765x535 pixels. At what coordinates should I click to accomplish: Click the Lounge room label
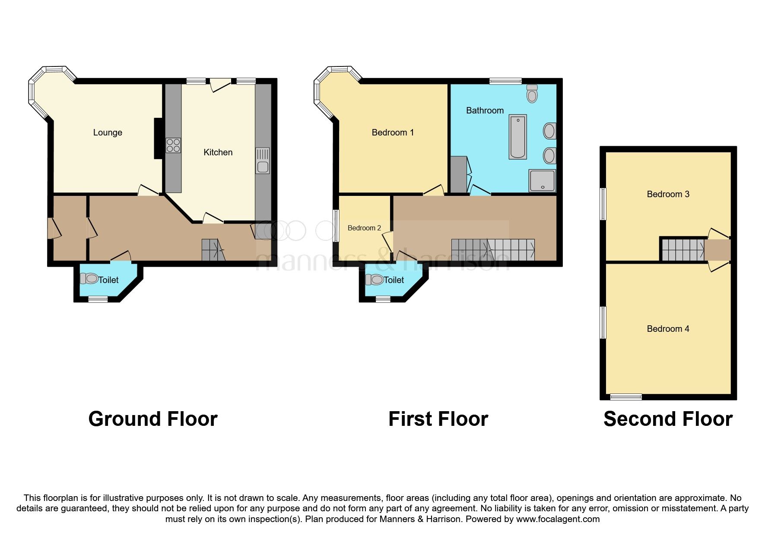[x=108, y=132]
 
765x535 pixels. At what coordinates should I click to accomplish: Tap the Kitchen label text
[x=218, y=152]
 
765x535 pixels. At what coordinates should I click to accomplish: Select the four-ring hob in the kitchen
[x=174, y=145]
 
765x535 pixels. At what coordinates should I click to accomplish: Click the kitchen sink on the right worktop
[x=262, y=160]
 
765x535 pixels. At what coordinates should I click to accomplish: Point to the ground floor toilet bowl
[x=90, y=279]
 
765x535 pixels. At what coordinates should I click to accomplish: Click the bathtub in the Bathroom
[x=517, y=137]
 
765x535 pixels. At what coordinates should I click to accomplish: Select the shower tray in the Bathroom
[x=542, y=180]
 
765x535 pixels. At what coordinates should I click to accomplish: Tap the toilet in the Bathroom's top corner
[x=532, y=93]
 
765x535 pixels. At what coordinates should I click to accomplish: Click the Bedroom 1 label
[x=393, y=132]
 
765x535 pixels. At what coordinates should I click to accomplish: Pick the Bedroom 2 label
[x=364, y=228]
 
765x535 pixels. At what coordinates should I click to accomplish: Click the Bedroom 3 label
[x=668, y=194]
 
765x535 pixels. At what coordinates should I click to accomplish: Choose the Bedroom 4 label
[x=668, y=329]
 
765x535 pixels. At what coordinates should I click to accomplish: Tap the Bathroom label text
[x=485, y=110]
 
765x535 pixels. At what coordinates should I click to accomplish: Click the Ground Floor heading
[x=153, y=419]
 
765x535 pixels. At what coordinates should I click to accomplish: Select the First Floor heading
[x=438, y=419]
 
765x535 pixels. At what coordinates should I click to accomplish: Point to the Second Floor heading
[x=668, y=419]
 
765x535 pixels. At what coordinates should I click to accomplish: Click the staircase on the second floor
[x=682, y=250]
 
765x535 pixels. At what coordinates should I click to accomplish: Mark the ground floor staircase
[x=213, y=250]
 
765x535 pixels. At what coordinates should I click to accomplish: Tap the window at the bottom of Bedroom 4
[x=625, y=397]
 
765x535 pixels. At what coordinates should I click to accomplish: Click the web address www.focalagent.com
[x=558, y=519]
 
